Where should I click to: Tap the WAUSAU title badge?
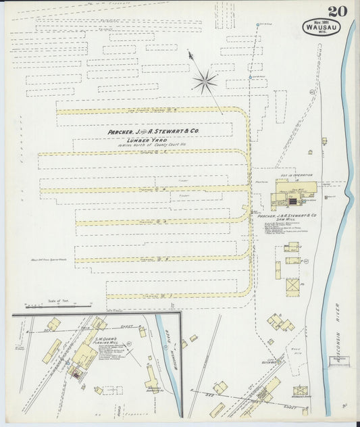click(322, 28)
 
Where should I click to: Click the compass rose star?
click(203, 82)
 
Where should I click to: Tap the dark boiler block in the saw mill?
click(292, 201)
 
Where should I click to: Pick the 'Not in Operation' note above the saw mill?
click(292, 174)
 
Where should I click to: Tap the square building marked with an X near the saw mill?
click(292, 287)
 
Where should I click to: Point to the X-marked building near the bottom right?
click(301, 391)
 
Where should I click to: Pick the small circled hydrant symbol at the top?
click(257, 25)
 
